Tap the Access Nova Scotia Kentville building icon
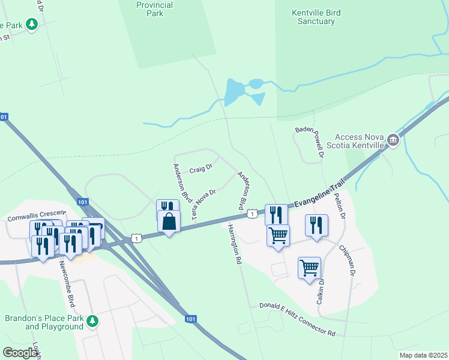(393, 140)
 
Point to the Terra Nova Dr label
(203, 205)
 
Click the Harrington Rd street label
(234, 245)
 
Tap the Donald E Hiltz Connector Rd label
(297, 319)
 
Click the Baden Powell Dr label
(310, 142)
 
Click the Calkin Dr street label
(321, 290)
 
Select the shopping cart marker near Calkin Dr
(309, 268)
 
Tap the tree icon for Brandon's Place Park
(92, 322)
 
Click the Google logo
(20, 353)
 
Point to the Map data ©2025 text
(423, 355)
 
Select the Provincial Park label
(155, 9)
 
